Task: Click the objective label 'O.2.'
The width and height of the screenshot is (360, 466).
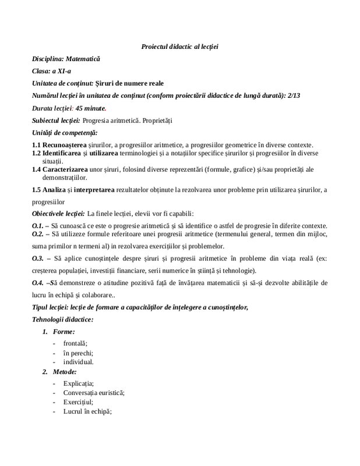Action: tap(38, 234)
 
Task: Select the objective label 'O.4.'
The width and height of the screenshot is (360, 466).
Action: tap(38, 283)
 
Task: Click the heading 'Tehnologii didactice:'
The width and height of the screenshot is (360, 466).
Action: tap(62, 320)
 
